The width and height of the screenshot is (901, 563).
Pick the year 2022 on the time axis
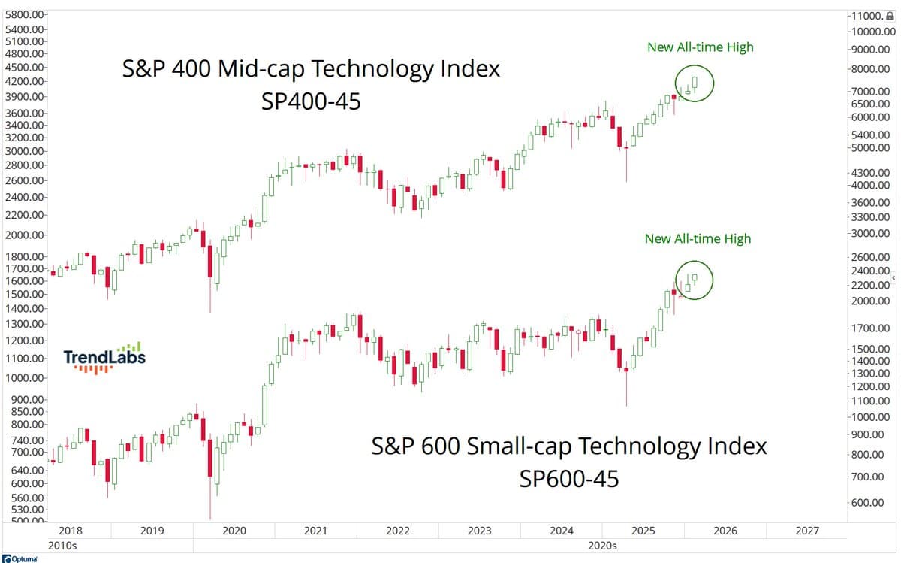pyautogui.click(x=398, y=531)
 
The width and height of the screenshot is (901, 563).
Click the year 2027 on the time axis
pyautogui.click(x=807, y=531)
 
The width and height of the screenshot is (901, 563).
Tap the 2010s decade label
pyautogui.click(x=62, y=546)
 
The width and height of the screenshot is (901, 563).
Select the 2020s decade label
pyautogui.click(x=602, y=546)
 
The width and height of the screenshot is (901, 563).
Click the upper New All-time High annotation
pyautogui.click(x=700, y=47)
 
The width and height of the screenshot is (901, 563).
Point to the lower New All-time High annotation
pyautogui.click(x=698, y=239)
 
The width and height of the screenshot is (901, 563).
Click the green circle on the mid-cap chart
pyautogui.click(x=694, y=83)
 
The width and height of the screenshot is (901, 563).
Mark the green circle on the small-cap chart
pyautogui.click(x=694, y=280)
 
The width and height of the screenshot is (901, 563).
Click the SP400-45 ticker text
pyautogui.click(x=311, y=101)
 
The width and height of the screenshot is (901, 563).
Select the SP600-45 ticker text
pyautogui.click(x=569, y=478)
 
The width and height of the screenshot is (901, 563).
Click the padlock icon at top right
pyautogui.click(x=890, y=15)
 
